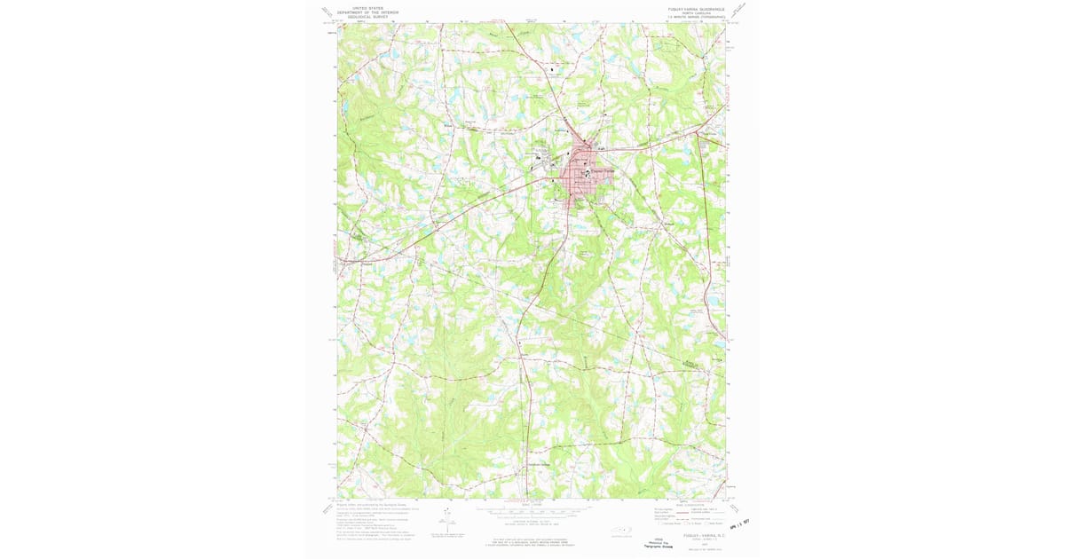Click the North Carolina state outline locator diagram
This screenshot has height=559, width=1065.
tap(619, 532)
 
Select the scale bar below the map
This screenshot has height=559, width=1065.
tap(531, 513)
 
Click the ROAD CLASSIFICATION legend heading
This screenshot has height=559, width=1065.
tap(691, 502)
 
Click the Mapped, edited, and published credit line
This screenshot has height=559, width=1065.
tap(366, 502)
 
